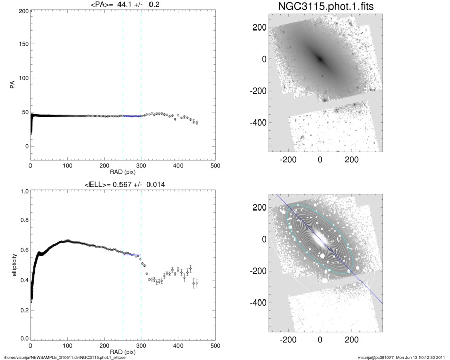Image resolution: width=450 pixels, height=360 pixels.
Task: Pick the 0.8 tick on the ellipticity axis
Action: point(22,220)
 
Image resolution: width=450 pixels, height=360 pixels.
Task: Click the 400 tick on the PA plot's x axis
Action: point(178,166)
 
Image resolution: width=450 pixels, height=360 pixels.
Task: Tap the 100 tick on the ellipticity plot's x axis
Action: point(67,346)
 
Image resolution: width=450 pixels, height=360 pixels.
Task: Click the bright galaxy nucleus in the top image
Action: point(320,58)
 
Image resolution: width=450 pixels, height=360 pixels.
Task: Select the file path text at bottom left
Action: point(65,357)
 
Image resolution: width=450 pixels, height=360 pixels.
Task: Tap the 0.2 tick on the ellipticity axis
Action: point(22,310)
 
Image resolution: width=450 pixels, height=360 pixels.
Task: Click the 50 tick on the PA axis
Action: point(22,112)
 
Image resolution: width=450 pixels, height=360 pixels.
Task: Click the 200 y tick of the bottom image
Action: point(260,207)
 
